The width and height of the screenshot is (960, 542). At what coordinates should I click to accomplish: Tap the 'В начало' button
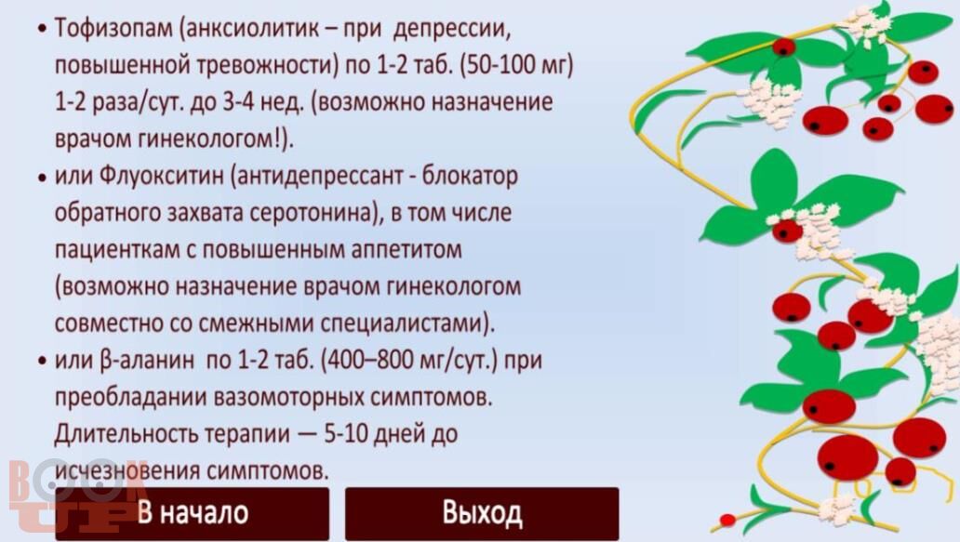click(x=193, y=512)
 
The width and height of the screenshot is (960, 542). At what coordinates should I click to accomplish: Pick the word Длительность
click(x=126, y=434)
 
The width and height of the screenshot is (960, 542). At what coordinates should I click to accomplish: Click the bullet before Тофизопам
click(x=42, y=29)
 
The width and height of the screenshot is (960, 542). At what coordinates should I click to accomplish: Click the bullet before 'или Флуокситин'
click(x=42, y=177)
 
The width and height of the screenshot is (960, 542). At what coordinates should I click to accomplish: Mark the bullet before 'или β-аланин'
click(x=42, y=361)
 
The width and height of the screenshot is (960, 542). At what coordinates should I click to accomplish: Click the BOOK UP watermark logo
click(x=73, y=496)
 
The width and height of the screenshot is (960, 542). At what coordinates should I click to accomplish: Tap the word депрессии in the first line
click(x=452, y=28)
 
